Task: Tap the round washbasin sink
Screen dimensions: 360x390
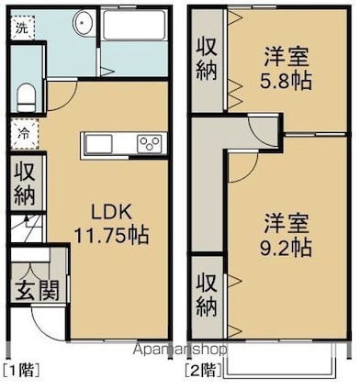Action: click(x=83, y=22)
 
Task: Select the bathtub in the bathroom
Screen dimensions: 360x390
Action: click(x=134, y=26)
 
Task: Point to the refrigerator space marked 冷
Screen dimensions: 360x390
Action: click(x=24, y=134)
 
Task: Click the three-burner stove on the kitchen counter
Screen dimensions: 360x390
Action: click(x=149, y=144)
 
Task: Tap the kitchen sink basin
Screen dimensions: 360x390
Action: click(x=98, y=145)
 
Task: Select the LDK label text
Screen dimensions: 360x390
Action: click(x=112, y=212)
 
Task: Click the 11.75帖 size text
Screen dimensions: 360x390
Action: click(x=111, y=235)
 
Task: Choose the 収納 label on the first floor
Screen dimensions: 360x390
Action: click(x=26, y=184)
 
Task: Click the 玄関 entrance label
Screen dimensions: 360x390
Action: click(x=37, y=290)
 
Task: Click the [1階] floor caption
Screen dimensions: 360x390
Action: click(x=21, y=371)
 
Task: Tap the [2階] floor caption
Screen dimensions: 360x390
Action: click(x=203, y=371)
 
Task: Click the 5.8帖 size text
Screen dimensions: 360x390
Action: click(x=286, y=81)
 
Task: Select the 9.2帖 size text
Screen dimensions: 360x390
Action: click(x=286, y=247)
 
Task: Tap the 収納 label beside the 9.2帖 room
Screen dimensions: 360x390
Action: click(x=207, y=295)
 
